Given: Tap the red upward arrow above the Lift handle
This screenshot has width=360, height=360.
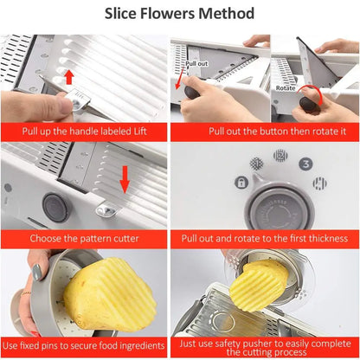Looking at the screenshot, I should coord(69,78).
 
